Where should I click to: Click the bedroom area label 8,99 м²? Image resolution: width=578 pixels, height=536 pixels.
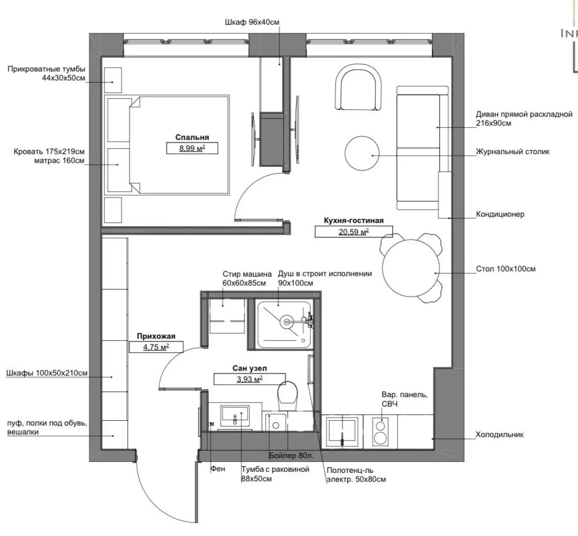[192, 148]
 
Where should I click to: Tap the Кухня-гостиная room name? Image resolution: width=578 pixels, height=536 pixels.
[354, 220]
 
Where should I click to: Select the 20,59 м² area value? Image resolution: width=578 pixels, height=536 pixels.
[354, 232]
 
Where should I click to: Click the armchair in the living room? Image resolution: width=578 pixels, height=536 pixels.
[358, 87]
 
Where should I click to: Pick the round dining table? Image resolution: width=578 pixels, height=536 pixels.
[411, 268]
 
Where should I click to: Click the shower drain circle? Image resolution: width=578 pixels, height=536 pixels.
[287, 322]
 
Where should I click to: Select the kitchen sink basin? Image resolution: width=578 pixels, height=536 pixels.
[342, 429]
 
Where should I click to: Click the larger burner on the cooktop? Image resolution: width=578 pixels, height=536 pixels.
[380, 438]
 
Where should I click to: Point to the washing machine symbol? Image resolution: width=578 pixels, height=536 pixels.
[227, 316]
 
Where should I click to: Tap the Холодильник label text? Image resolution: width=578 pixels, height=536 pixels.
[499, 435]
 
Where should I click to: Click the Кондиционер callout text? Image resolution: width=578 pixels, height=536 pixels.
[500, 214]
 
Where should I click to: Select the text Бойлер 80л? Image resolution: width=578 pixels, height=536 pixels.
[291, 456]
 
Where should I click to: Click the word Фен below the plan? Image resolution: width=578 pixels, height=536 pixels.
[218, 469]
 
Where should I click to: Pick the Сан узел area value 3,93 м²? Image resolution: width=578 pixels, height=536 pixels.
[250, 379]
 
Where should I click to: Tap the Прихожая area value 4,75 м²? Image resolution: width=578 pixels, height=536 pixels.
[156, 347]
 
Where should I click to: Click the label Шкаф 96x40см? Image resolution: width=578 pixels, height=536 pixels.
[252, 22]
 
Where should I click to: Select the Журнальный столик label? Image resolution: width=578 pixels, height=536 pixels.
[512, 151]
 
